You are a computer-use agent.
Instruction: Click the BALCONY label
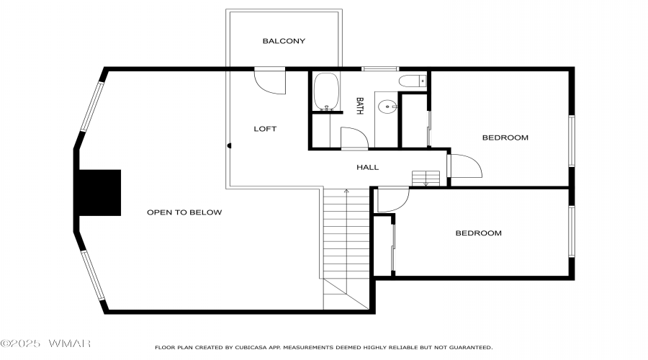click(x=284, y=41)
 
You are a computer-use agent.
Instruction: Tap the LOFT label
click(x=265, y=129)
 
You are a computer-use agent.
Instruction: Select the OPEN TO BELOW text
click(x=184, y=212)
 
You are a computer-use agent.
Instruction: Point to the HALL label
click(x=367, y=167)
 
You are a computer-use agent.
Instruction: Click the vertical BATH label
click(x=359, y=106)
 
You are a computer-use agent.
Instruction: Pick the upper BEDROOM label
click(x=505, y=138)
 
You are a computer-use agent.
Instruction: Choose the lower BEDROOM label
click(x=479, y=233)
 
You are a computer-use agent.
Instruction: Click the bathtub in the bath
click(x=326, y=91)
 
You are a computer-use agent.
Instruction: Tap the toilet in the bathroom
click(x=413, y=81)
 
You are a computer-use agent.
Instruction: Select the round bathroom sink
click(x=387, y=107)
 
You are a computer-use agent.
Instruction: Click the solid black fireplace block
click(x=99, y=193)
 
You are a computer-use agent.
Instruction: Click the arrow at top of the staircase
click(x=346, y=191)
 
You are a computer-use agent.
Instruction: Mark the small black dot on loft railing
click(x=229, y=145)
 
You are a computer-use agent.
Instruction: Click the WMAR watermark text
click(x=69, y=343)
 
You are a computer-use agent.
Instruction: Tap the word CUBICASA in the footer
click(x=251, y=348)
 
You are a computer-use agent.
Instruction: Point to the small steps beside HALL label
click(x=426, y=179)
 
